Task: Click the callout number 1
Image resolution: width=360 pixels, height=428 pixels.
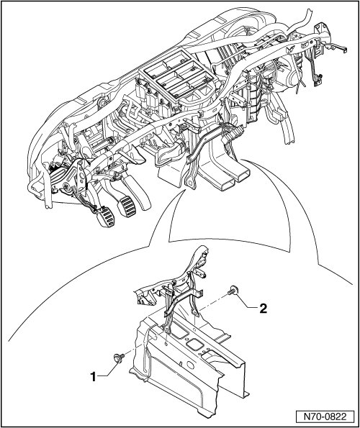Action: [94, 377]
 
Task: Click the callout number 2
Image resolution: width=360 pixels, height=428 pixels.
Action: [263, 309]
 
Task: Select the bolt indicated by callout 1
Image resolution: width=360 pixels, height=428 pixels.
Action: [118, 358]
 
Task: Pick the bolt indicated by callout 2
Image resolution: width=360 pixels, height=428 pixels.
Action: [233, 289]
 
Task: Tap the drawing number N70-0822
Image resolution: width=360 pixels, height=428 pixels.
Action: [325, 417]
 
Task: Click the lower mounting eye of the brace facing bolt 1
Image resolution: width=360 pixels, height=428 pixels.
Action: [166, 329]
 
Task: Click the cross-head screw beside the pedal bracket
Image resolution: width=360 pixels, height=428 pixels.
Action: [66, 187]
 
